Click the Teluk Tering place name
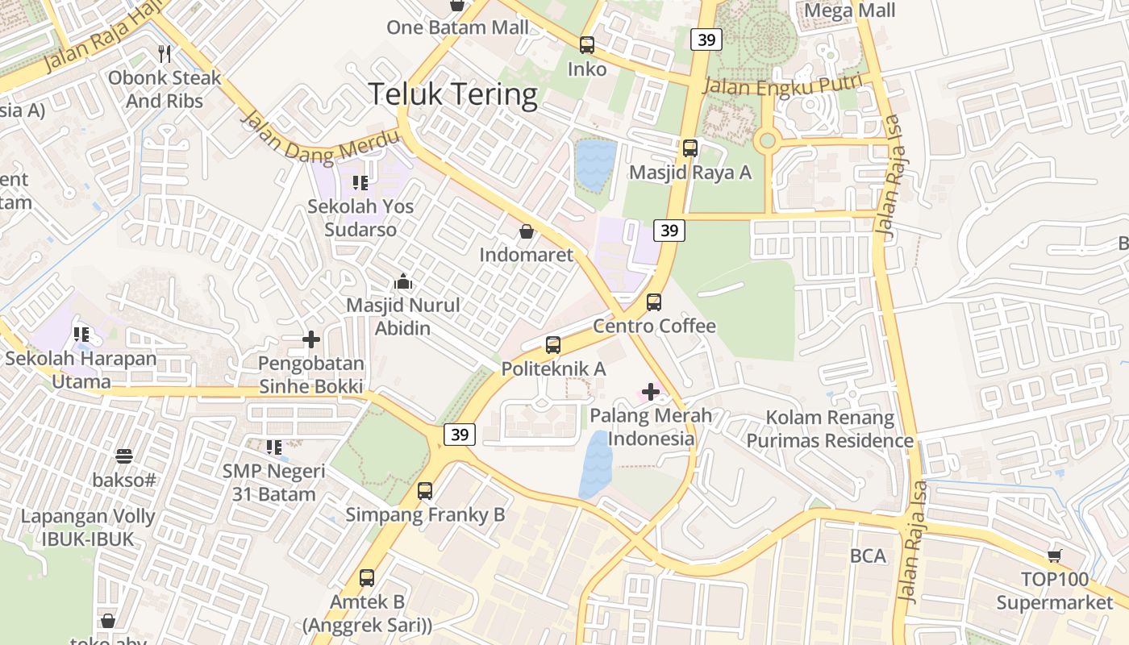click(453, 94)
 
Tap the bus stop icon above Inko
click(587, 45)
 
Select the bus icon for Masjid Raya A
click(690, 148)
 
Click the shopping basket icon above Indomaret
click(526, 232)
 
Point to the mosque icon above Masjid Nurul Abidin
click(403, 282)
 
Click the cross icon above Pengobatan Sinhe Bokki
click(311, 339)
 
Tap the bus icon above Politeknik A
click(553, 345)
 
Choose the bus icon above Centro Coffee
click(654, 302)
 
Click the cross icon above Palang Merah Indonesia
click(650, 393)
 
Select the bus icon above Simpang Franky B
click(425, 490)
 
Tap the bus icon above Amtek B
click(367, 577)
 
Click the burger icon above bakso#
click(123, 456)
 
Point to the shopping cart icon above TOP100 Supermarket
click(1054, 556)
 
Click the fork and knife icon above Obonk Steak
click(165, 54)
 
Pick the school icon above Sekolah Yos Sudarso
click(360, 183)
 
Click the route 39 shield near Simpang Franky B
click(460, 435)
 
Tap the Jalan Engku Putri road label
click(783, 85)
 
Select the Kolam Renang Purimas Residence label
click(830, 429)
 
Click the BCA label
click(868, 556)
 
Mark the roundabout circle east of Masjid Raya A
click(767, 142)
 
